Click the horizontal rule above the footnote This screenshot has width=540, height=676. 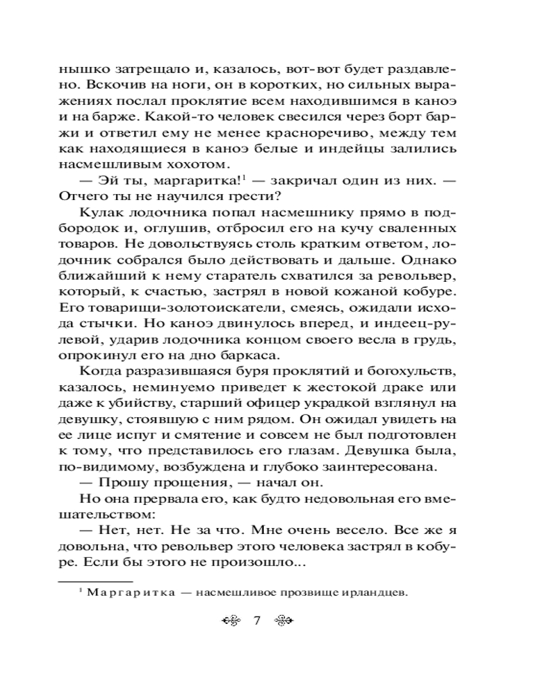(95, 579)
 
